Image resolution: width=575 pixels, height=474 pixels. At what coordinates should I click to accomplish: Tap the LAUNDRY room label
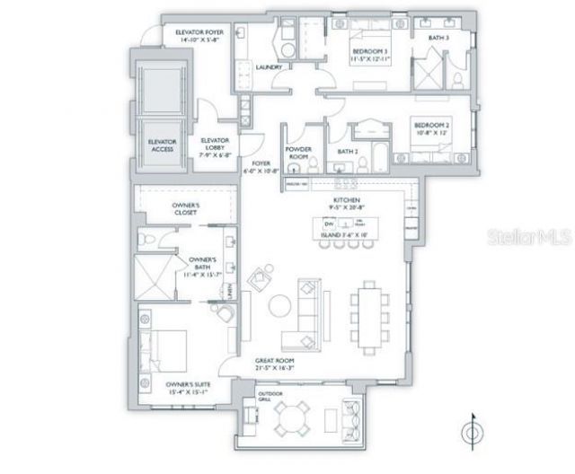click(x=270, y=67)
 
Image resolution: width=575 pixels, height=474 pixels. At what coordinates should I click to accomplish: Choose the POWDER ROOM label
click(x=297, y=153)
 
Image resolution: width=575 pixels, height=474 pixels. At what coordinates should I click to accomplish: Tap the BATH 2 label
click(x=349, y=152)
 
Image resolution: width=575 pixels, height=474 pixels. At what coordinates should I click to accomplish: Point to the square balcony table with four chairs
click(x=293, y=417)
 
